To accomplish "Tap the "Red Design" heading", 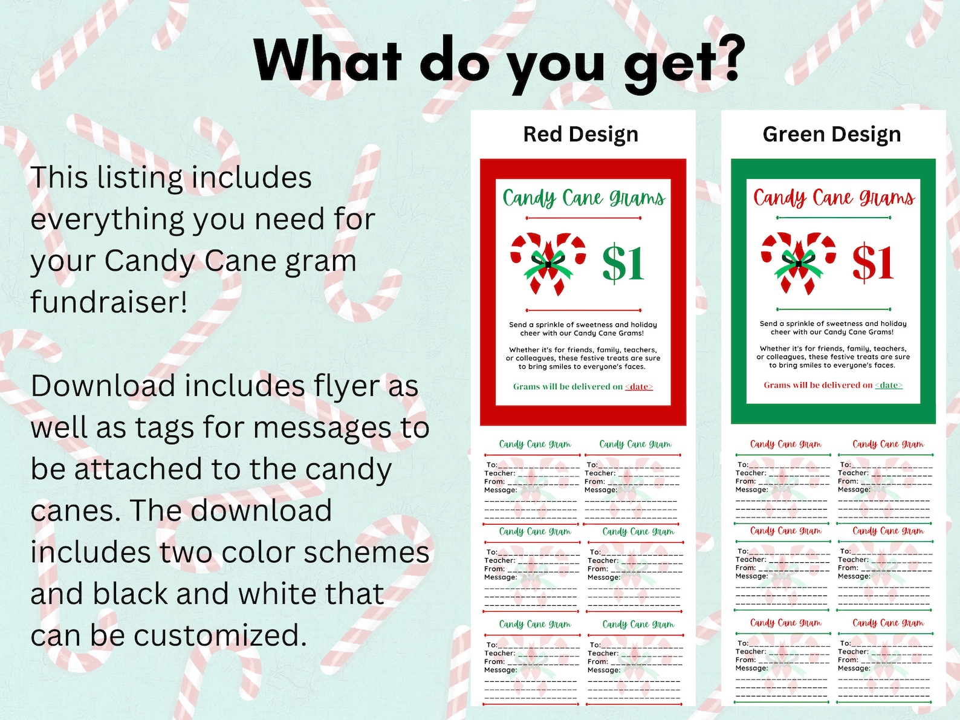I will [x=580, y=134].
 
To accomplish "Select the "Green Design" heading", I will [x=831, y=134].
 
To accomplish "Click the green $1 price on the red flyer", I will [x=623, y=263].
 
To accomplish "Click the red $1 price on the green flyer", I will [x=873, y=262].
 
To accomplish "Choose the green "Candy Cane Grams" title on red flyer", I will [x=583, y=198].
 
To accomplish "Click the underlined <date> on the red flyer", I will [x=639, y=387].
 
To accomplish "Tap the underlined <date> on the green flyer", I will [x=889, y=385].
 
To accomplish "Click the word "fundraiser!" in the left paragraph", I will [x=109, y=302].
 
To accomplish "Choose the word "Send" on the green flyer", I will [x=768, y=324].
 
